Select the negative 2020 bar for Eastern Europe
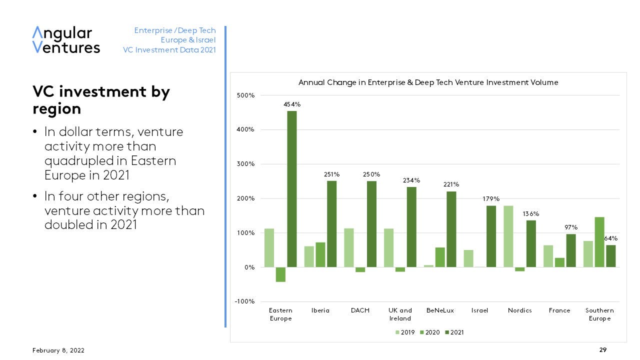280,274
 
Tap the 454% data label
292,104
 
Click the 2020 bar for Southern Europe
599,242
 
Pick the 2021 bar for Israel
491,236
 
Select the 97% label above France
570,227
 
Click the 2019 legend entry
405,332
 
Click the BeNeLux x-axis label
440,310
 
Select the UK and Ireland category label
400,314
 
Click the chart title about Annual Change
428,82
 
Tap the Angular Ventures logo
66,40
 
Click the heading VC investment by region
101,100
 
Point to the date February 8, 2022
58,350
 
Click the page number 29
603,350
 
